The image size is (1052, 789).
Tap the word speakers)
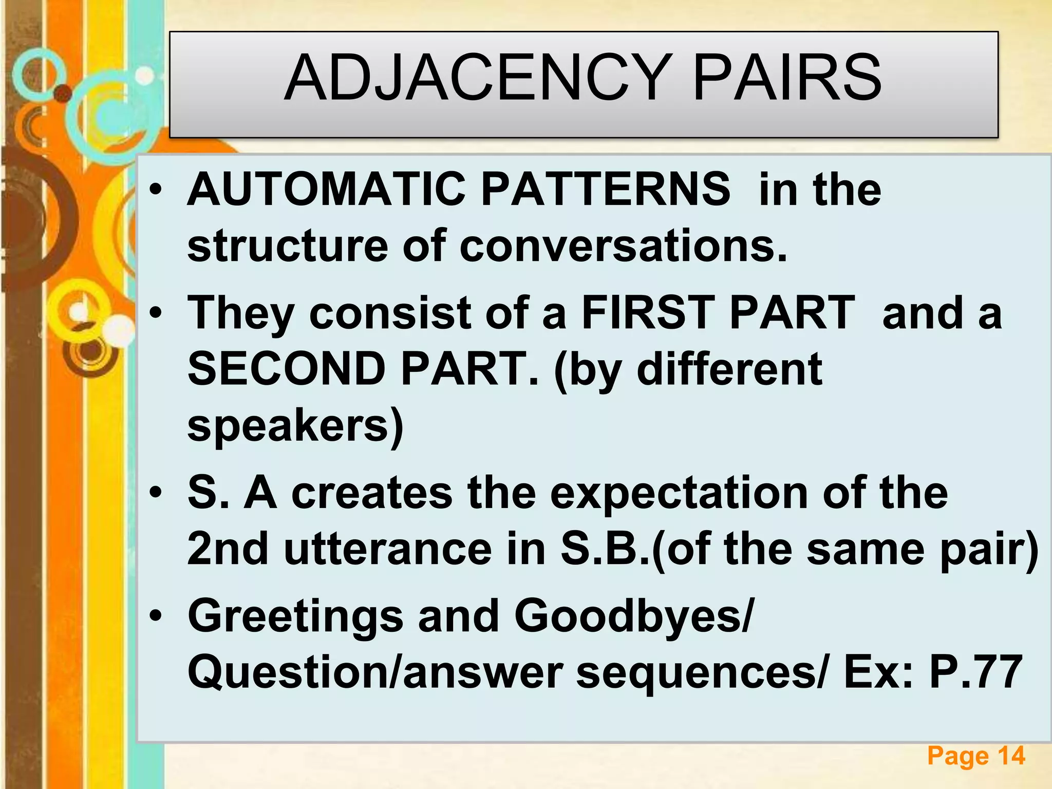tap(296, 426)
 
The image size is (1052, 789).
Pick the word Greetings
tap(295, 616)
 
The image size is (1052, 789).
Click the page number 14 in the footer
tap(1011, 756)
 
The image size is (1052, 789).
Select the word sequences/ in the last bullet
tap(702, 673)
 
